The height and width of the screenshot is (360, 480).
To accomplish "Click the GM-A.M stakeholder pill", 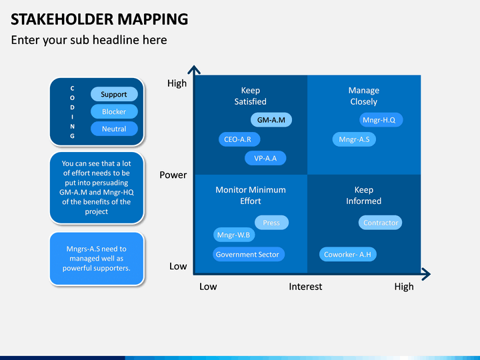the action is click(271, 120).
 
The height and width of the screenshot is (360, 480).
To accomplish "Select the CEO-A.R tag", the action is click(239, 139).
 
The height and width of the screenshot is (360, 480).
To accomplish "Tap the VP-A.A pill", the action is click(265, 158).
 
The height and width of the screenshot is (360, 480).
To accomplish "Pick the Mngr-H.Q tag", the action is click(381, 120).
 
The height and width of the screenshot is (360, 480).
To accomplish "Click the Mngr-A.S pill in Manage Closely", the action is click(354, 139).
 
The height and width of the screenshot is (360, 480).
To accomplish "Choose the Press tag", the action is click(271, 223).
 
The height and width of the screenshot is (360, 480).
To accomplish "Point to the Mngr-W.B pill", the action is click(234, 235).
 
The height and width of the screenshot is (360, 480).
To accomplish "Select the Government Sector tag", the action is click(249, 255).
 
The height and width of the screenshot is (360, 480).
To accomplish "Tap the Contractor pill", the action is click(380, 223).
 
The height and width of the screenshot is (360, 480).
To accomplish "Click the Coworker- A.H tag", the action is click(348, 255).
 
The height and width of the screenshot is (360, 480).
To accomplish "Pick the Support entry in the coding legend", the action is click(114, 94).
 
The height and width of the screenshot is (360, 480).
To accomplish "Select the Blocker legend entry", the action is click(114, 111).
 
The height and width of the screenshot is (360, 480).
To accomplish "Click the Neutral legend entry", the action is click(114, 129).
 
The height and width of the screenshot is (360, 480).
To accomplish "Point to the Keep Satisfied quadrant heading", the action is click(251, 96).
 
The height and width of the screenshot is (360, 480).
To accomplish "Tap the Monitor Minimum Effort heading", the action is click(251, 195).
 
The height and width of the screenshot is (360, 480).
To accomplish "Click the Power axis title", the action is click(173, 175).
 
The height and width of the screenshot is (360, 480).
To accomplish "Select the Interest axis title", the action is click(305, 287).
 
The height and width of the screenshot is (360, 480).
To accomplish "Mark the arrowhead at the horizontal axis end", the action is click(429, 274).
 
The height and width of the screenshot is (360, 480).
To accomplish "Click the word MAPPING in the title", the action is click(153, 19).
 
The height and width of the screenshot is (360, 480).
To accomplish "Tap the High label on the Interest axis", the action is click(404, 287).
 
